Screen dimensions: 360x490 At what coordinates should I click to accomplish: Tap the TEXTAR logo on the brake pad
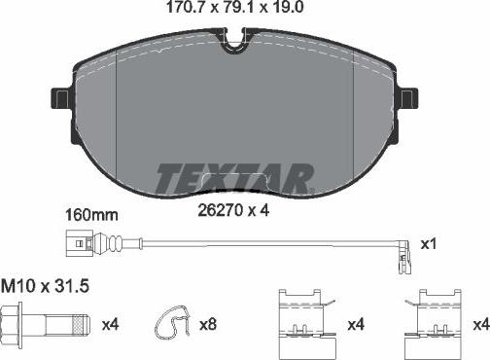click(234, 177)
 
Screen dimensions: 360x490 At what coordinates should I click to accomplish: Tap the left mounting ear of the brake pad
click(59, 98)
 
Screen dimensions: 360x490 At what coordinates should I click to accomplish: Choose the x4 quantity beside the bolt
click(110, 321)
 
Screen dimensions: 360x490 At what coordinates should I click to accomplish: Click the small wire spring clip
click(172, 321)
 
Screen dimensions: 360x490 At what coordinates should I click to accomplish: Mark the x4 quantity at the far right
click(479, 321)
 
